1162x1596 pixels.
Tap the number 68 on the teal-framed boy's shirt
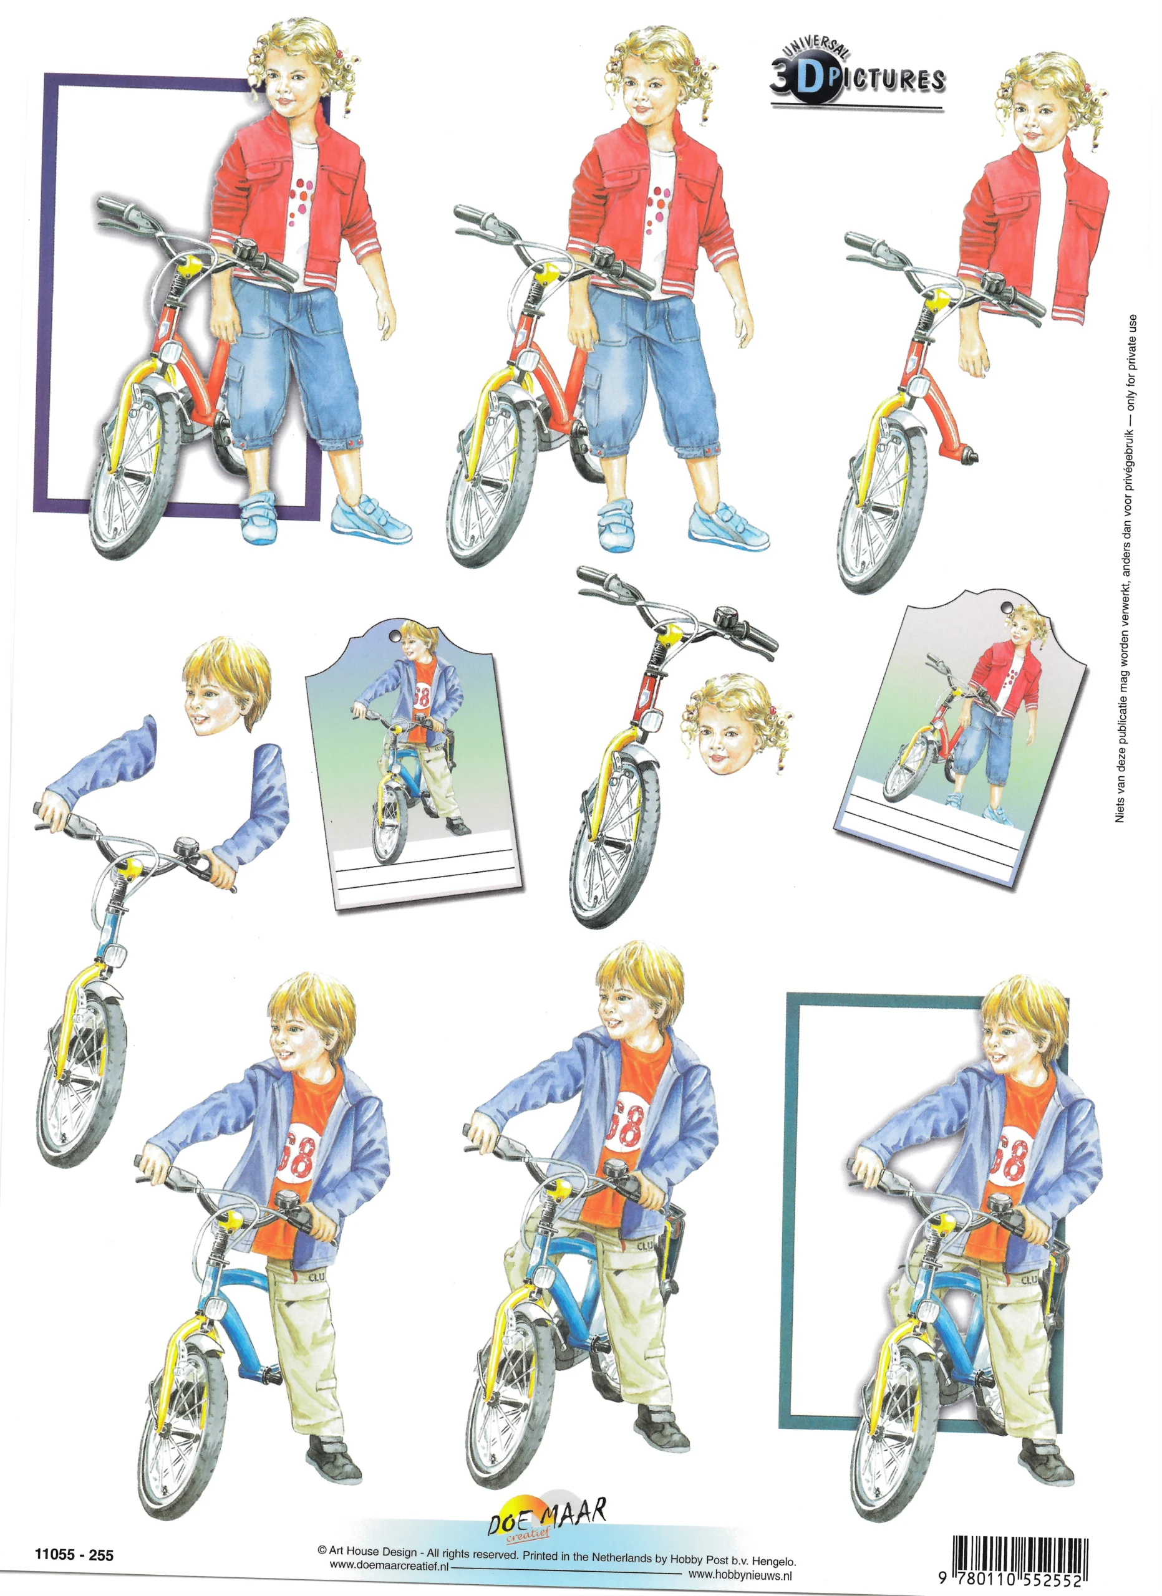(x=1012, y=1157)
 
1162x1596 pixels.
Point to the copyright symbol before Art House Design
(x=322, y=1550)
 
